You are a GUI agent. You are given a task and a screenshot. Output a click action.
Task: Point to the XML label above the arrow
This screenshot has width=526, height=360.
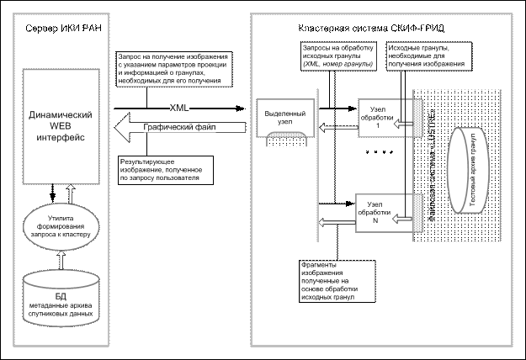[x=179, y=109]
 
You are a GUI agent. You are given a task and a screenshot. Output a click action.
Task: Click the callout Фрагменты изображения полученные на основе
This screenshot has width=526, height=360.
[x=329, y=281]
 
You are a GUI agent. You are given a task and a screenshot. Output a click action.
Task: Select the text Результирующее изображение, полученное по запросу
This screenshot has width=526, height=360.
[x=165, y=168]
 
